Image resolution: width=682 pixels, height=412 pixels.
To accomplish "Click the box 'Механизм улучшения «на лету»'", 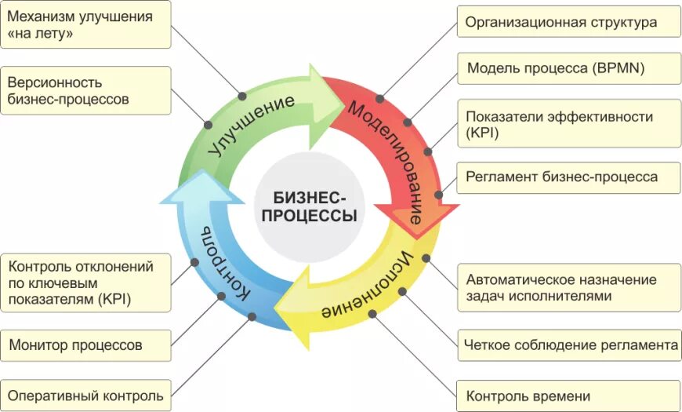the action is [x=85, y=25].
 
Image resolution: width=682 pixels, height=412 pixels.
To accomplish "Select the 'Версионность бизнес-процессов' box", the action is [x=85, y=90].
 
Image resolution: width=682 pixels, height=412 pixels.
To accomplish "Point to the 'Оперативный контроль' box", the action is [x=85, y=396].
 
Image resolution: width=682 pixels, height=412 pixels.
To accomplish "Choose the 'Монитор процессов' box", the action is [x=85, y=345].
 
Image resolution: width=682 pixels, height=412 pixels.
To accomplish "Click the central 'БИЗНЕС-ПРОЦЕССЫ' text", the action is [x=309, y=207].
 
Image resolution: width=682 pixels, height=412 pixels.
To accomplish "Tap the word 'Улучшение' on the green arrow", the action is [x=253, y=126].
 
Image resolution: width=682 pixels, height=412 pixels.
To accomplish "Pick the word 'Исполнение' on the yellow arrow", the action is [x=368, y=286].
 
